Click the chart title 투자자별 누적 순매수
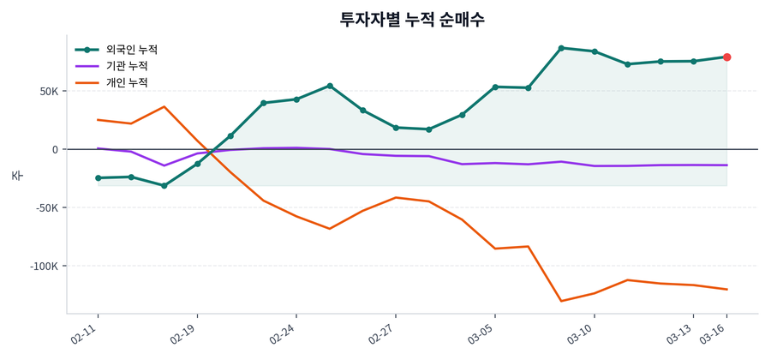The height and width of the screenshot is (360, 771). tap(412, 20)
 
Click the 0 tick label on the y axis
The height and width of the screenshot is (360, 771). tap(55, 149)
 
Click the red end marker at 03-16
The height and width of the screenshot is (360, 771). tap(726, 57)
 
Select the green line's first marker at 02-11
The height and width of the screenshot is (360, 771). tap(98, 178)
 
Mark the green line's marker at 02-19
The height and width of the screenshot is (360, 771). tap(197, 164)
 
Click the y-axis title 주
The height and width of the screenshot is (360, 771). tap(16, 175)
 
